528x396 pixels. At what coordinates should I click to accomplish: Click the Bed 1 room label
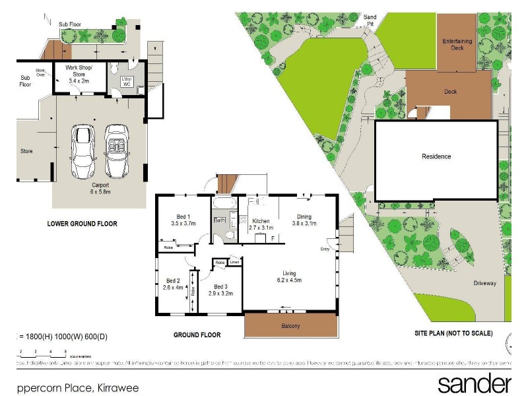[183, 216]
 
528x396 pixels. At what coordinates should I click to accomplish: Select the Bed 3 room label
[221, 285]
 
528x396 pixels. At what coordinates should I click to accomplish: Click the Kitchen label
[261, 221]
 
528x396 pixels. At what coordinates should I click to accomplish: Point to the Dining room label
[303, 216]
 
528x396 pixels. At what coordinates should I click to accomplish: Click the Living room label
[290, 273]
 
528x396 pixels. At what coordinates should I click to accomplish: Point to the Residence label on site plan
[436, 156]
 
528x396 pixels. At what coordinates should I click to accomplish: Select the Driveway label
[484, 283]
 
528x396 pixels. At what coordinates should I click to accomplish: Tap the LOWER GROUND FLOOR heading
[82, 224]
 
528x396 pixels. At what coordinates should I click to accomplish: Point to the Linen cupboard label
[234, 263]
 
